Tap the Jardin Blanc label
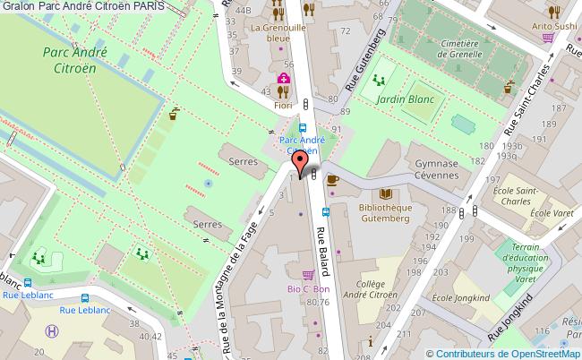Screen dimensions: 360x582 click(x=399, y=101)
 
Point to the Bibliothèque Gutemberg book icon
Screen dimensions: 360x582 click(x=386, y=193)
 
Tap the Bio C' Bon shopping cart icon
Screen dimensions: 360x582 click(x=308, y=275)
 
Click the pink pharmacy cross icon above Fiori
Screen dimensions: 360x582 click(x=283, y=80)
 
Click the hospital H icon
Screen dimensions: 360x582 click(x=53, y=330)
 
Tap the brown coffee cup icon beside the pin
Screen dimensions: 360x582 click(x=332, y=179)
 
